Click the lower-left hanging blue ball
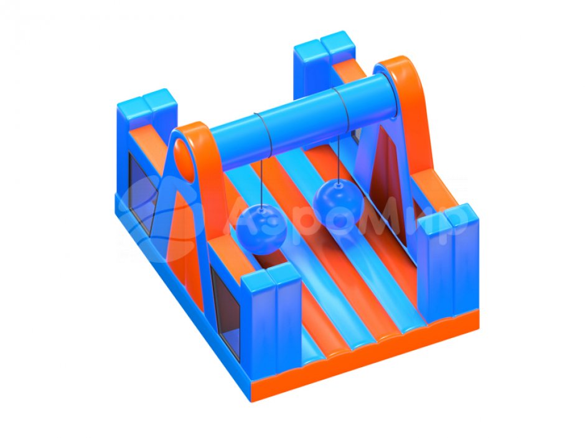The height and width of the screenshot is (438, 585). pos(261,230)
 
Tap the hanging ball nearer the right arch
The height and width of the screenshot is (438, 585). pos(338,204)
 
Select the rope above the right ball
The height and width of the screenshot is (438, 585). pos(339,158)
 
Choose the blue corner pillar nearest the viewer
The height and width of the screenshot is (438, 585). pos(271,317)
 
